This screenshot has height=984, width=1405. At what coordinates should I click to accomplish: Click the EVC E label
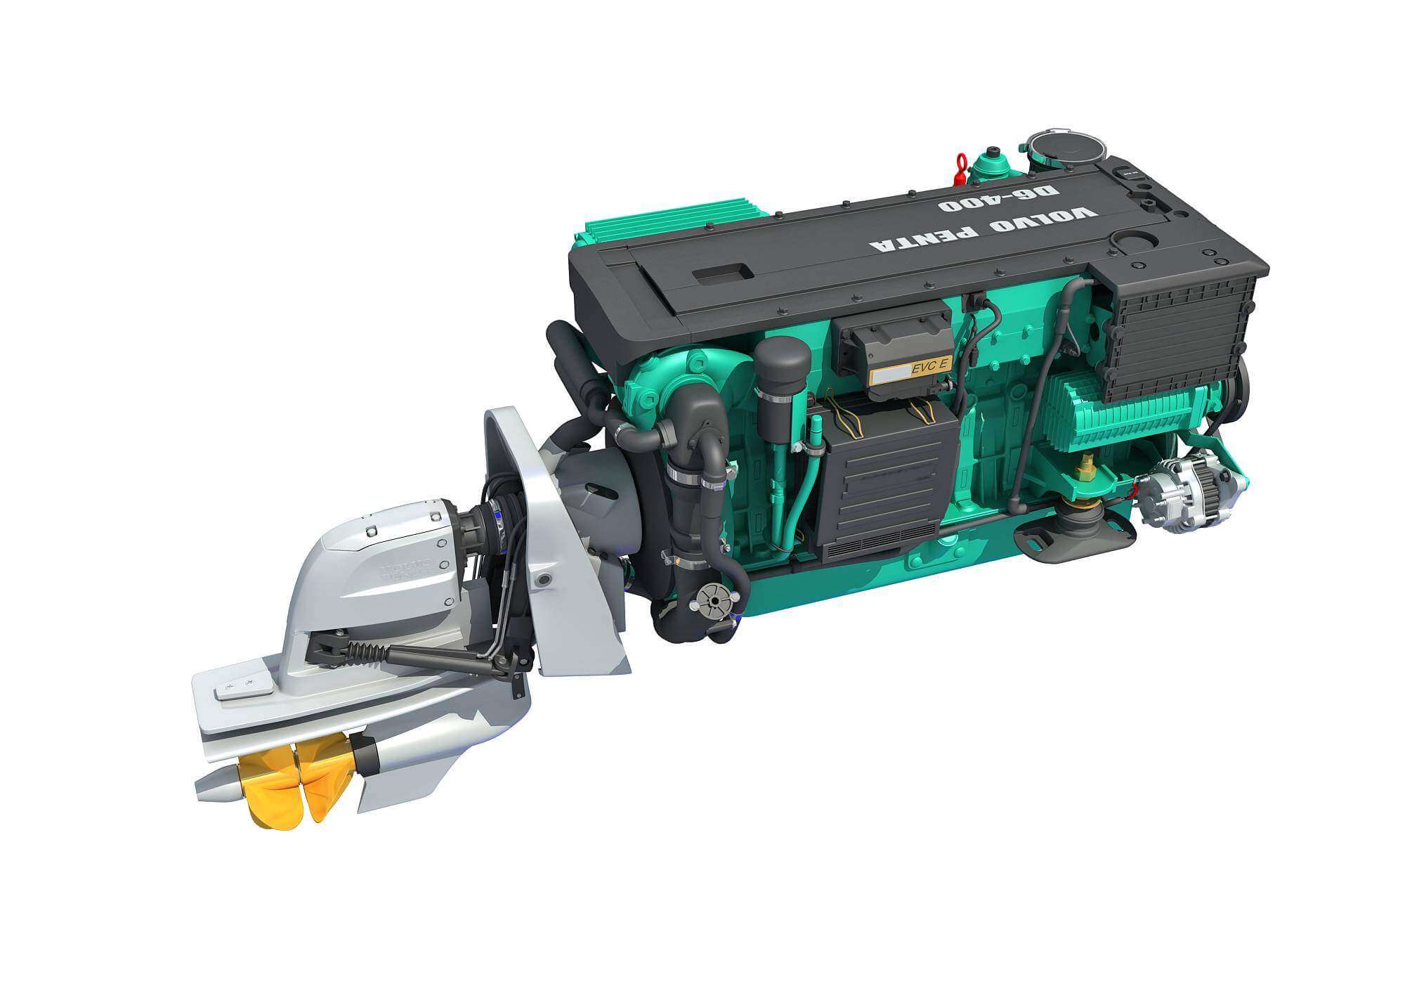(x=931, y=366)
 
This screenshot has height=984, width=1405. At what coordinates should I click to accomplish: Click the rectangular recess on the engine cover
(x=722, y=273)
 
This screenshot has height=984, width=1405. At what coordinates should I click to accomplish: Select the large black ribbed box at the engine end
(x=1180, y=336)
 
